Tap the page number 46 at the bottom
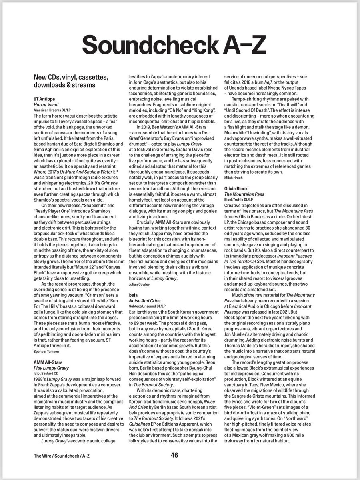tap(174, 455)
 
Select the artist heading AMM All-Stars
tap(48, 362)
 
